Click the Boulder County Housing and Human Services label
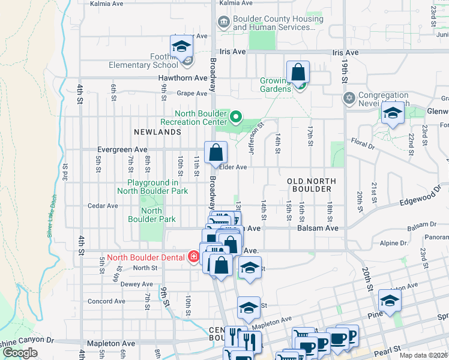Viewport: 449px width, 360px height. tap(277, 23)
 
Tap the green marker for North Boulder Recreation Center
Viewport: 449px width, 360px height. tap(236, 116)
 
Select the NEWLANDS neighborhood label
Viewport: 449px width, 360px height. tap(157, 131)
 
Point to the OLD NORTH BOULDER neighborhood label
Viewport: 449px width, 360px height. tap(309, 185)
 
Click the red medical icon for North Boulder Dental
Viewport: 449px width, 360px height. tap(193, 257)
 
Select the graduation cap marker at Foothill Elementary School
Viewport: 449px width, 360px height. tap(181, 47)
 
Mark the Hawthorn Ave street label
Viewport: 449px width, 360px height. tap(182, 78)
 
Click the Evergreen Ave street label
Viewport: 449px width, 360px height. tap(122, 149)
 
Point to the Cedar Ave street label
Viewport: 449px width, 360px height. tap(103, 205)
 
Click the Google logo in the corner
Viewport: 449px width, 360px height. tap(20, 353)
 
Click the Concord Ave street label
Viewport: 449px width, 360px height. tap(107, 301)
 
